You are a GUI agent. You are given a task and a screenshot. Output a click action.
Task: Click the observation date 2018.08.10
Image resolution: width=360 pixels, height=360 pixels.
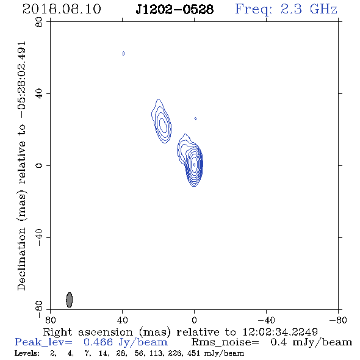pos(62,9)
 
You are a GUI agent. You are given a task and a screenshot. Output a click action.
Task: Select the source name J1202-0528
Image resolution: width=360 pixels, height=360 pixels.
pos(175,10)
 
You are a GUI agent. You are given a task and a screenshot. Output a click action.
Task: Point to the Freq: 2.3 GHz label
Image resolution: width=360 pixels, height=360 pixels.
pos(286,10)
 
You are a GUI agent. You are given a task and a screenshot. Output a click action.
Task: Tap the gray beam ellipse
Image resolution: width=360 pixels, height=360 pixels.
pos(70,300)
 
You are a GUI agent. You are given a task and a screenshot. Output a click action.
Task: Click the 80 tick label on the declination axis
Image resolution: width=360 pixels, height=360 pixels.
pos(39,22)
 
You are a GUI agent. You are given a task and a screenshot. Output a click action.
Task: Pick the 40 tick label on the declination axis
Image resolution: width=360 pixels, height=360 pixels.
pos(39,94)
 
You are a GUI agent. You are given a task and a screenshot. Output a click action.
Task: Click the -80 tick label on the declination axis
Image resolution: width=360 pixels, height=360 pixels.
pos(39,309)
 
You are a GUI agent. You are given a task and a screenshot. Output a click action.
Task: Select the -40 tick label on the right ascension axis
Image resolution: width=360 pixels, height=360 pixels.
pos(266,320)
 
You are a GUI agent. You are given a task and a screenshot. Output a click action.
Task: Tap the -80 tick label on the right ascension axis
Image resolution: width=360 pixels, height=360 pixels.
pos(338,320)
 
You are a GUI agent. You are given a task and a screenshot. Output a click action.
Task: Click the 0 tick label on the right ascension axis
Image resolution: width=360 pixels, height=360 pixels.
pos(194,320)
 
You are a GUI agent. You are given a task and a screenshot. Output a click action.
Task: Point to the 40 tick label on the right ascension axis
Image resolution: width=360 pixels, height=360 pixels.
pos(122,320)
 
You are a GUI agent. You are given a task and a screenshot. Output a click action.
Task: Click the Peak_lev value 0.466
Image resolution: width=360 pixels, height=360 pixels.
pos(98,342)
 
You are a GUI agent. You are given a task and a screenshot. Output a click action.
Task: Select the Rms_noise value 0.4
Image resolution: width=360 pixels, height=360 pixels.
pos(279,342)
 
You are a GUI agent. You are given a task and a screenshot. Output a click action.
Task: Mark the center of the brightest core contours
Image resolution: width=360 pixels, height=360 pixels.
pos(194,165)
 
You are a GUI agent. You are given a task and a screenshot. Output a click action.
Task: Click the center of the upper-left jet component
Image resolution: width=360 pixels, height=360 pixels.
pos(162,124)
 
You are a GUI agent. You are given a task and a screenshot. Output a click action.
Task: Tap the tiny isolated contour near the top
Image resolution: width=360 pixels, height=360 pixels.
pos(123,54)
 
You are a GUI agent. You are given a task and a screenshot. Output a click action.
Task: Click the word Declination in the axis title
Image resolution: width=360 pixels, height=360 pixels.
pos(21,259)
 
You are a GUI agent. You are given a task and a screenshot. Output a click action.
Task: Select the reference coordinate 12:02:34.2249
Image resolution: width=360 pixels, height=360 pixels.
pos(280,332)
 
